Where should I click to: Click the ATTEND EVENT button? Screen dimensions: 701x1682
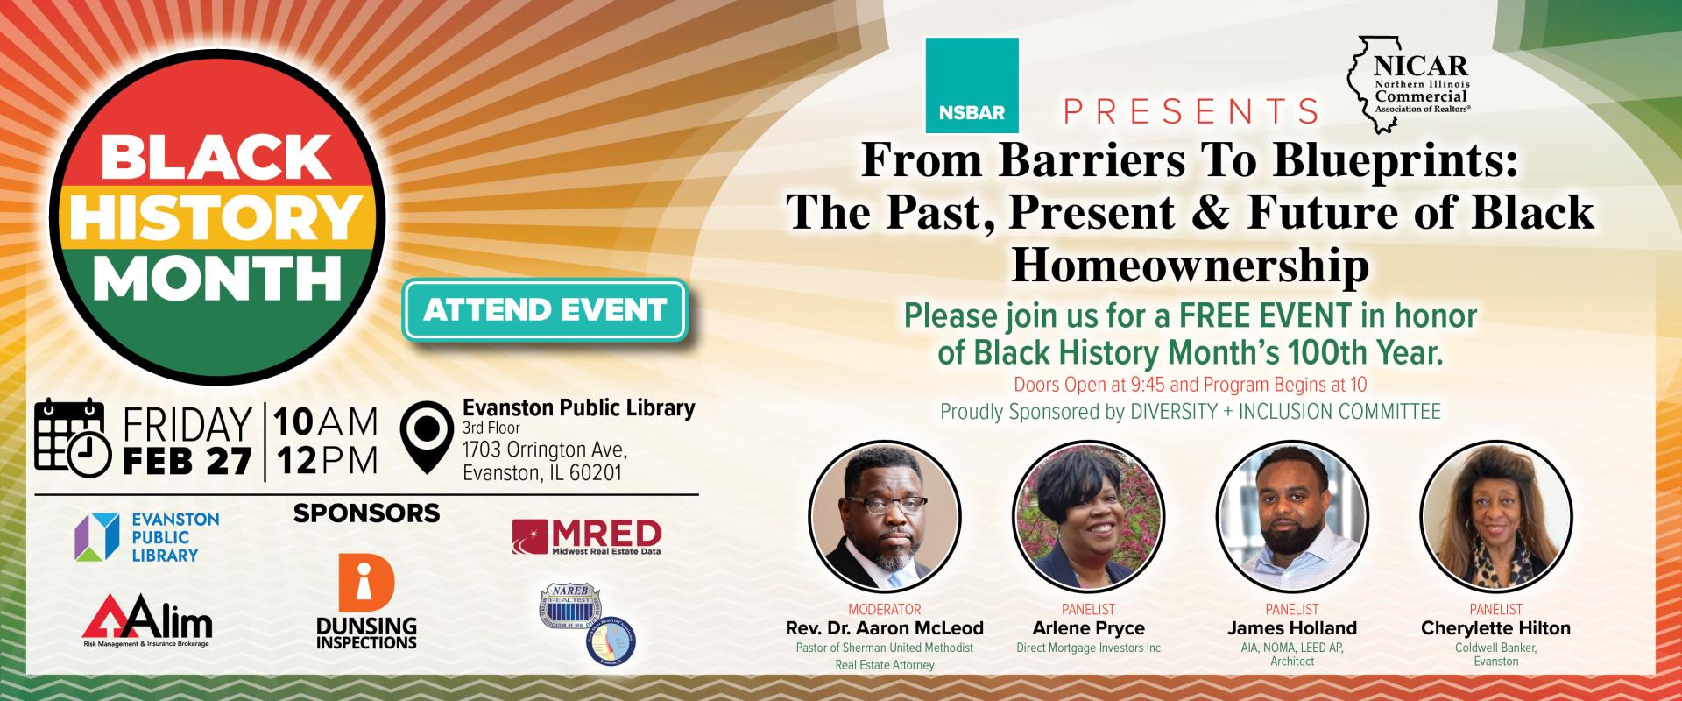click(545, 309)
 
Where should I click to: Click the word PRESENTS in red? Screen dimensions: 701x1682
click(1191, 111)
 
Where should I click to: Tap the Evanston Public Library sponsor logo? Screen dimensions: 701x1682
click(147, 536)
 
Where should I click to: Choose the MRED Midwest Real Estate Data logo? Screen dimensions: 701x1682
click(586, 537)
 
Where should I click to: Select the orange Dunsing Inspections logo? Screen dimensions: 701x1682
click(366, 605)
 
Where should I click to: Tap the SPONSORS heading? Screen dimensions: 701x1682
click(366, 513)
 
